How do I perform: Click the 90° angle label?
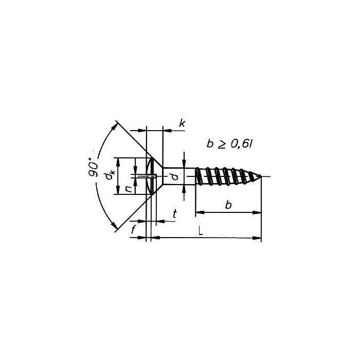pyautogui.click(x=94, y=167)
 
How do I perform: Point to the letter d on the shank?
pyautogui.click(x=175, y=177)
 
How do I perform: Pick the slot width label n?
pyautogui.click(x=129, y=188)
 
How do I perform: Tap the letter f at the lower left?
pyautogui.click(x=133, y=230)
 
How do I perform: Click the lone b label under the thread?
pyautogui.click(x=228, y=205)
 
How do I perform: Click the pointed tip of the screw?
pyautogui.click(x=260, y=177)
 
